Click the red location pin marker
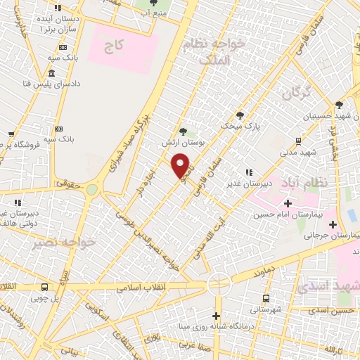[181, 164]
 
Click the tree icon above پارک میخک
[240, 115]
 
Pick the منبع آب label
[155, 13]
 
